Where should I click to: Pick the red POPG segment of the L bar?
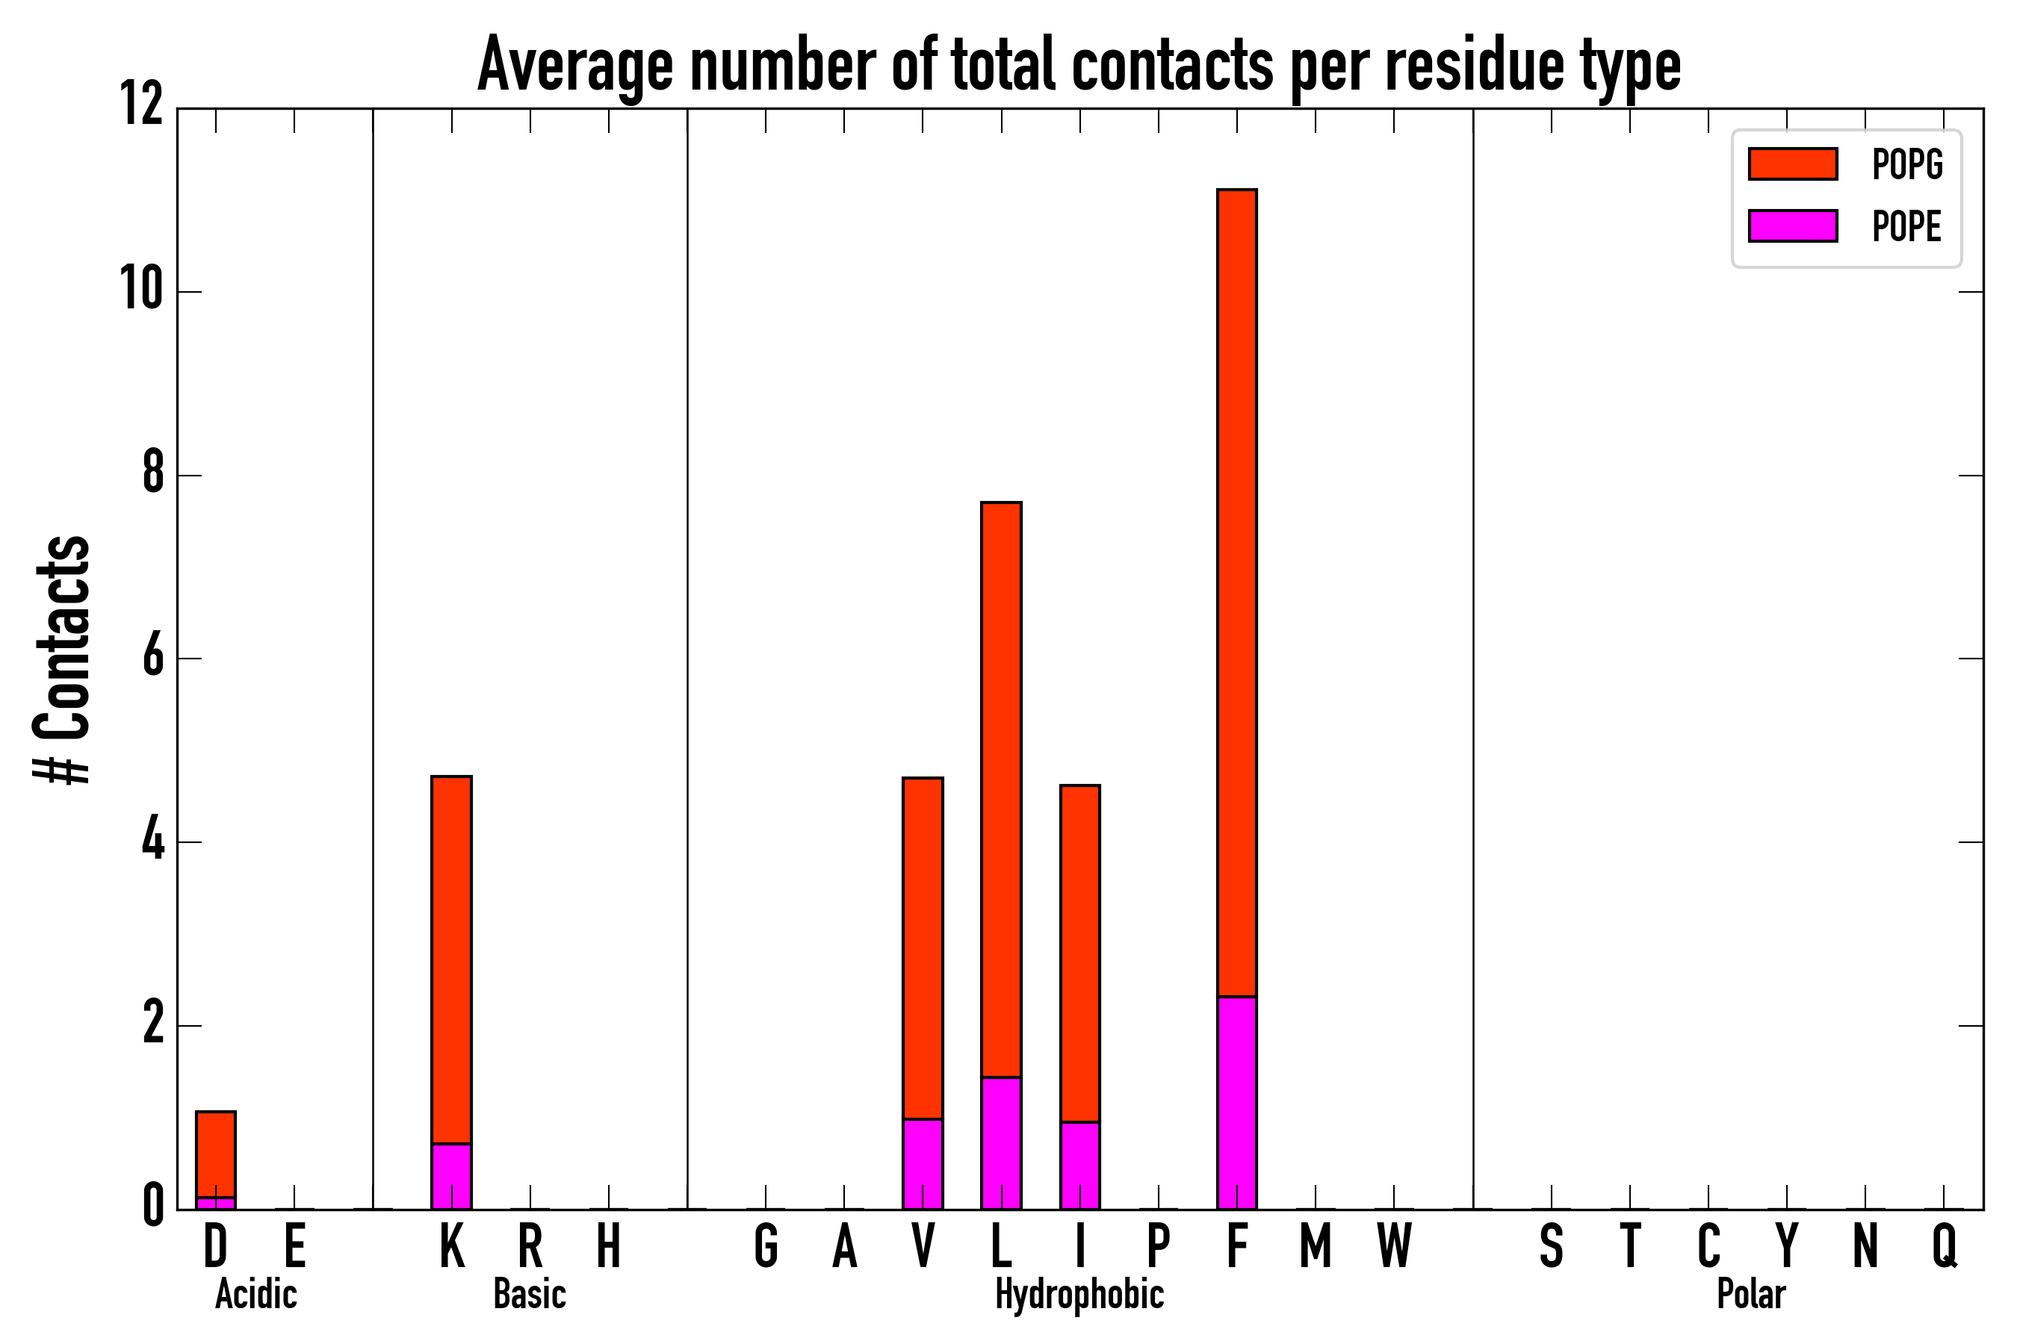pos(1001,788)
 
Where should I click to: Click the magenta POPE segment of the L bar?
pos(1001,1142)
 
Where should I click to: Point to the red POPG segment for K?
pos(451,959)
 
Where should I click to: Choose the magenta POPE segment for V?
pos(923,1163)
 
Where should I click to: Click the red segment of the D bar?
pos(215,1154)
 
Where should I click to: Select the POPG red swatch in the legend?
pos(1792,164)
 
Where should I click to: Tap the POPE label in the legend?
pos(1906,226)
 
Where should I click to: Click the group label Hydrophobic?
pos(1079,1294)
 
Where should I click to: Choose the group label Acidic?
pos(255,1294)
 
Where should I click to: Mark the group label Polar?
pos(1750,1294)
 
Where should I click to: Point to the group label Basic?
pos(529,1294)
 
